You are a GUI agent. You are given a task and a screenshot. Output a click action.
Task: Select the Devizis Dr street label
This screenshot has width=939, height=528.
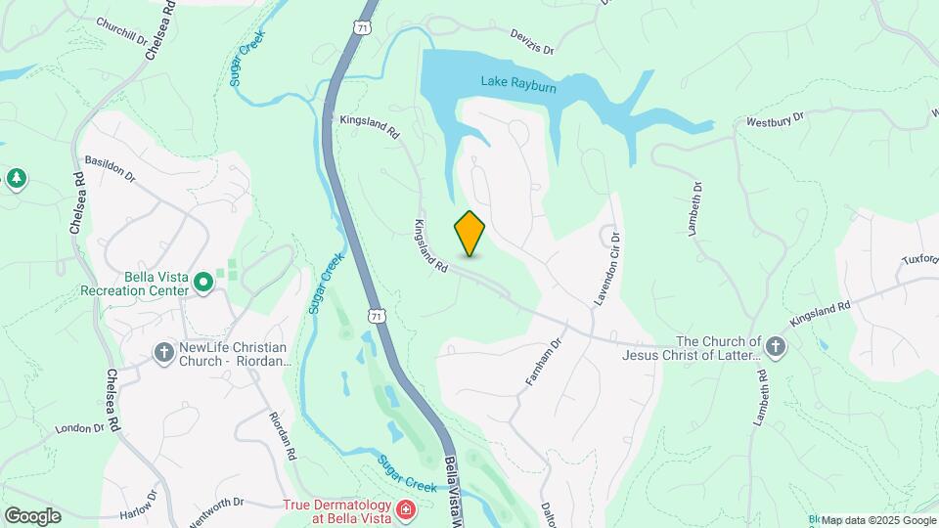(x=532, y=41)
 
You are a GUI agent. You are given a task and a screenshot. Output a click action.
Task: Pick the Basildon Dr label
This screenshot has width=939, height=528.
(x=110, y=166)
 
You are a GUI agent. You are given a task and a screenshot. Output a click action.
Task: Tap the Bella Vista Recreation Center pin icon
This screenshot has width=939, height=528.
(x=203, y=284)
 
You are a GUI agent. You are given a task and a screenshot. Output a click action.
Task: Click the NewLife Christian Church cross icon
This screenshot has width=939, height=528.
(x=164, y=350)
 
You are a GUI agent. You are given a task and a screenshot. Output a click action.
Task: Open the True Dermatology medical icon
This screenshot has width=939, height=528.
(x=405, y=509)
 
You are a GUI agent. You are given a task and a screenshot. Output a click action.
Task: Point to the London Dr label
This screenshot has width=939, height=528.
(x=79, y=428)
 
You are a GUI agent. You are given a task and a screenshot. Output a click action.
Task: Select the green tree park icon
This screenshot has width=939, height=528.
(x=16, y=178)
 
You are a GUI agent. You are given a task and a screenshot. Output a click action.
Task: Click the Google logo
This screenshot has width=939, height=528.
(x=32, y=516)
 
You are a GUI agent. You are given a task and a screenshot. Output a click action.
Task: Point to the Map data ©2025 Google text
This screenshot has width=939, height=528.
(x=878, y=520)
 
